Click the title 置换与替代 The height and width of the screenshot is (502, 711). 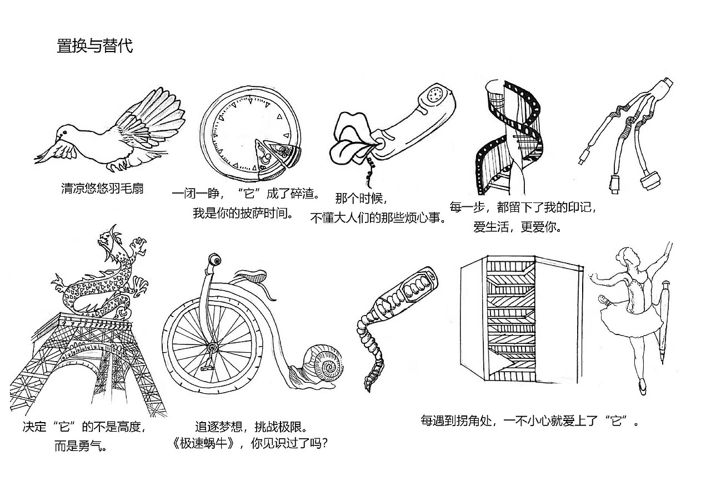pyautogui.click(x=94, y=45)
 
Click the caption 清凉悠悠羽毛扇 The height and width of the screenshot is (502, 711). pyautogui.click(x=102, y=189)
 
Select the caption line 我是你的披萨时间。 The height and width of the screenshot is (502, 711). pyautogui.click(x=243, y=213)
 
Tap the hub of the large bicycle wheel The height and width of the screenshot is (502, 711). pyautogui.click(x=211, y=347)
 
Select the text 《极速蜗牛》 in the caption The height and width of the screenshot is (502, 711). pyautogui.click(x=209, y=444)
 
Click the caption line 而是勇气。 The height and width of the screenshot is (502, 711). pyautogui.click(x=81, y=447)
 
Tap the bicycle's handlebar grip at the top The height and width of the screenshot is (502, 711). pyautogui.click(x=214, y=260)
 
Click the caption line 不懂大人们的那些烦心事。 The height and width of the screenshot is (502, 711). pyautogui.click(x=379, y=217)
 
